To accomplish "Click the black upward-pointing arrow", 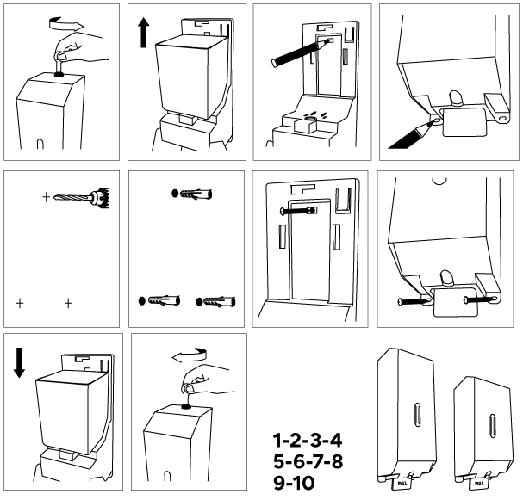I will [143, 35].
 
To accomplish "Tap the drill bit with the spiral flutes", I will [79, 198].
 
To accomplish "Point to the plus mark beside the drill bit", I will [46, 197].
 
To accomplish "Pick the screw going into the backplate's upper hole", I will [297, 210].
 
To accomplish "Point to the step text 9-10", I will [294, 484].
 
